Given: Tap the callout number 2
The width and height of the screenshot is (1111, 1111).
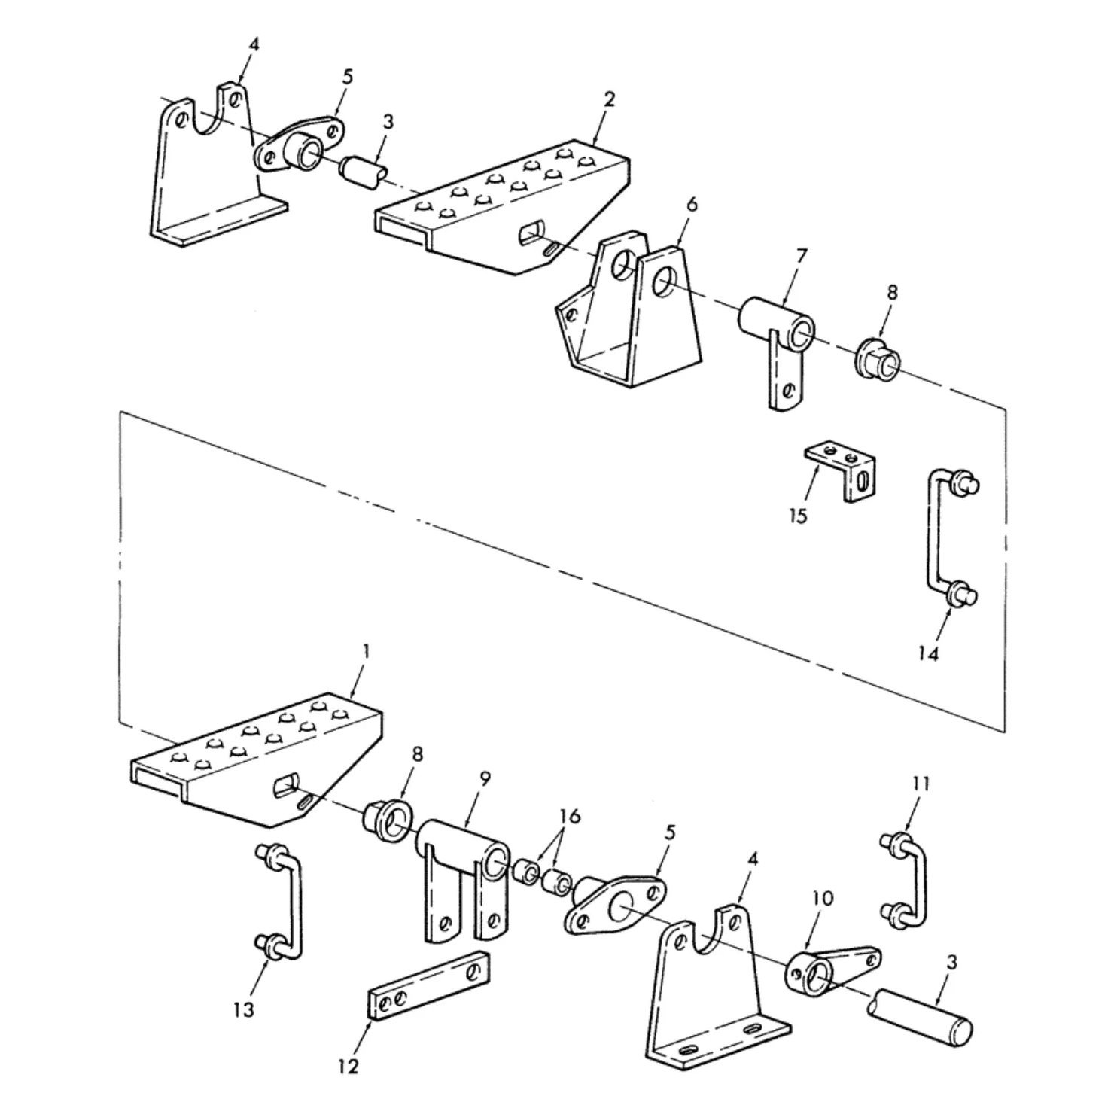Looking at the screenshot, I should click(x=609, y=99).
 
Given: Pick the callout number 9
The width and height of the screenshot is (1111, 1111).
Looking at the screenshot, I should click(x=485, y=779).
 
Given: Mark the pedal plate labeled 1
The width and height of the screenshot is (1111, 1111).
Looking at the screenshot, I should click(x=256, y=760).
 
